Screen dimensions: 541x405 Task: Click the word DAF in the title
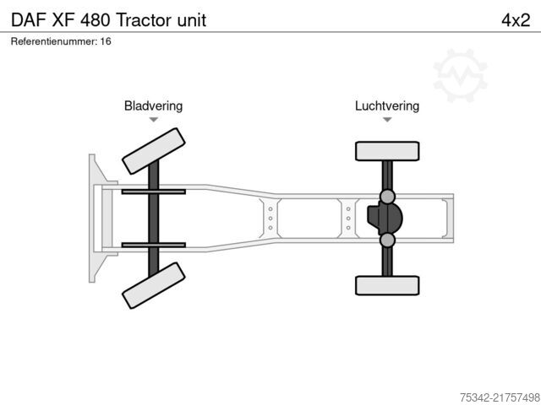point(29,20)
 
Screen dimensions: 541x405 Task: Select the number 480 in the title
point(95,20)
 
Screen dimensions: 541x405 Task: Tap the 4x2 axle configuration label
point(516,20)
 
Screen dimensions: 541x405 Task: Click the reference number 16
point(106,41)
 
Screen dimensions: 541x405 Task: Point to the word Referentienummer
point(54,41)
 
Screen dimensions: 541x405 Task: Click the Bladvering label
point(154,105)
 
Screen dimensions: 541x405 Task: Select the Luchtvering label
point(387,105)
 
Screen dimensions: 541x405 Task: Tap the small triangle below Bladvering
point(154,120)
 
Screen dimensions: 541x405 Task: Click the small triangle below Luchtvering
point(387,120)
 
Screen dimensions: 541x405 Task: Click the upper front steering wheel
point(154,151)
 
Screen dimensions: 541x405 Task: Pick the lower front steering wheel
point(154,285)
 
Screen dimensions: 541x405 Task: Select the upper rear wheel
point(387,151)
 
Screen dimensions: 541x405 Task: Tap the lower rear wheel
point(387,285)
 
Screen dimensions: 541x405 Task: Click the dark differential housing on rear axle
point(385,219)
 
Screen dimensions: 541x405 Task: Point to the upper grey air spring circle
point(387,197)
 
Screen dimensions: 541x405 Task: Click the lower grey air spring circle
point(387,240)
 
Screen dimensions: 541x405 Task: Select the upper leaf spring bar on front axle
point(154,192)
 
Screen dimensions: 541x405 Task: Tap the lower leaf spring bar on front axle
point(154,246)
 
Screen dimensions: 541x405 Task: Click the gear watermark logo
point(460,75)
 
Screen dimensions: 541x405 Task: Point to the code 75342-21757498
point(500,397)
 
